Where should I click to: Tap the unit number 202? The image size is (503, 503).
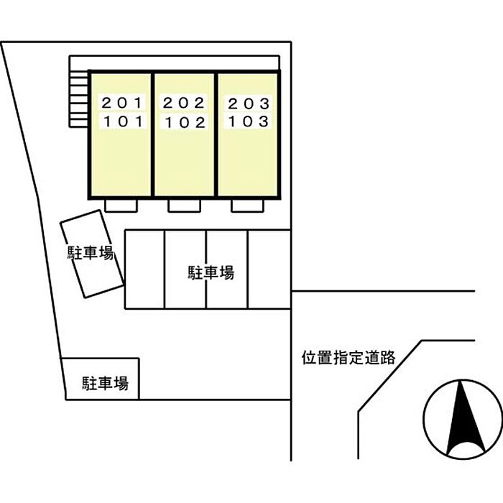click(x=185, y=103)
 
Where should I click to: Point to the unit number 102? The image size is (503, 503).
click(x=185, y=122)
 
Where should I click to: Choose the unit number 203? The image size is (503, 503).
click(x=249, y=103)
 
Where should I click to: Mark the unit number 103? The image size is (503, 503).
click(x=249, y=121)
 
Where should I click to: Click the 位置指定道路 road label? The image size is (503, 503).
click(x=349, y=357)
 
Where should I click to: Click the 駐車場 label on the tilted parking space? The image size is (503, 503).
click(x=91, y=254)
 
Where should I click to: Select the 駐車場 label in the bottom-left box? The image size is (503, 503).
click(x=105, y=383)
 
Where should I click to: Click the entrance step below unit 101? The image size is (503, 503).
click(x=121, y=206)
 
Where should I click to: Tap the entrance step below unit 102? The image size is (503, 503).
click(x=184, y=206)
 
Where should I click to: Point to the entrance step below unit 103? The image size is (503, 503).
click(x=247, y=206)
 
